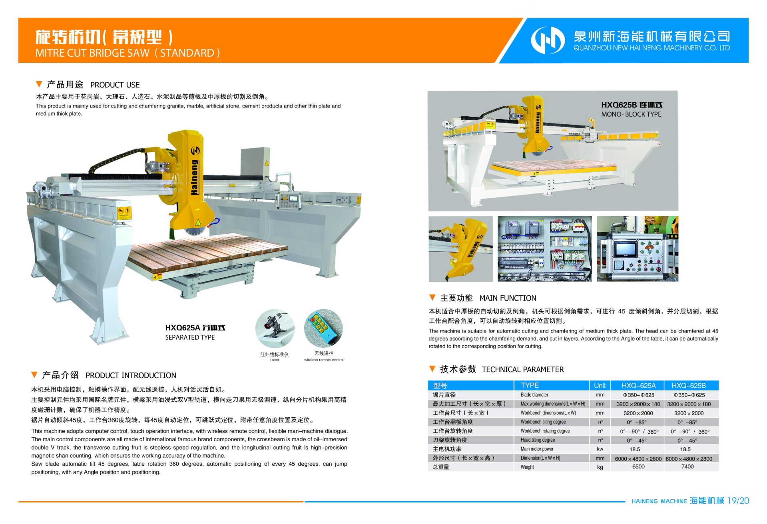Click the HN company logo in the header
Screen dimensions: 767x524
click(x=548, y=40)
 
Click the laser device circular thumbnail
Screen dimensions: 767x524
click(x=275, y=329)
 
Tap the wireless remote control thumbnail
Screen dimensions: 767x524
click(x=323, y=328)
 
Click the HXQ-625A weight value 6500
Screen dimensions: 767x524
click(x=638, y=467)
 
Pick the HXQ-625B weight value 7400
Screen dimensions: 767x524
click(x=687, y=467)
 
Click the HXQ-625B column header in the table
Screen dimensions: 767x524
click(x=689, y=386)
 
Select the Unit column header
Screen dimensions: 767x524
click(x=600, y=386)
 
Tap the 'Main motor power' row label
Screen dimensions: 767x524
click(x=537, y=449)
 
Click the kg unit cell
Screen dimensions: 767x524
click(x=600, y=467)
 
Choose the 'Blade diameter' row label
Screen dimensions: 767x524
click(x=534, y=395)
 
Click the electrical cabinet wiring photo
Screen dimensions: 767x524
click(x=544, y=249)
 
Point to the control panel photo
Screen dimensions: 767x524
click(x=638, y=249)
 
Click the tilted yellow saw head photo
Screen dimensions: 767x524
click(x=460, y=249)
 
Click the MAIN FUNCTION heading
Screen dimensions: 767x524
click(x=508, y=298)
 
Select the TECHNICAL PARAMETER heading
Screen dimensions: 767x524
click(x=523, y=370)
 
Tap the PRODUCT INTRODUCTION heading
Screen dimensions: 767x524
click(x=131, y=376)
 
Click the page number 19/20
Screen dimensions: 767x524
click(x=738, y=501)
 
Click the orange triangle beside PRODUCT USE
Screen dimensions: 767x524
click(x=39, y=84)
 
